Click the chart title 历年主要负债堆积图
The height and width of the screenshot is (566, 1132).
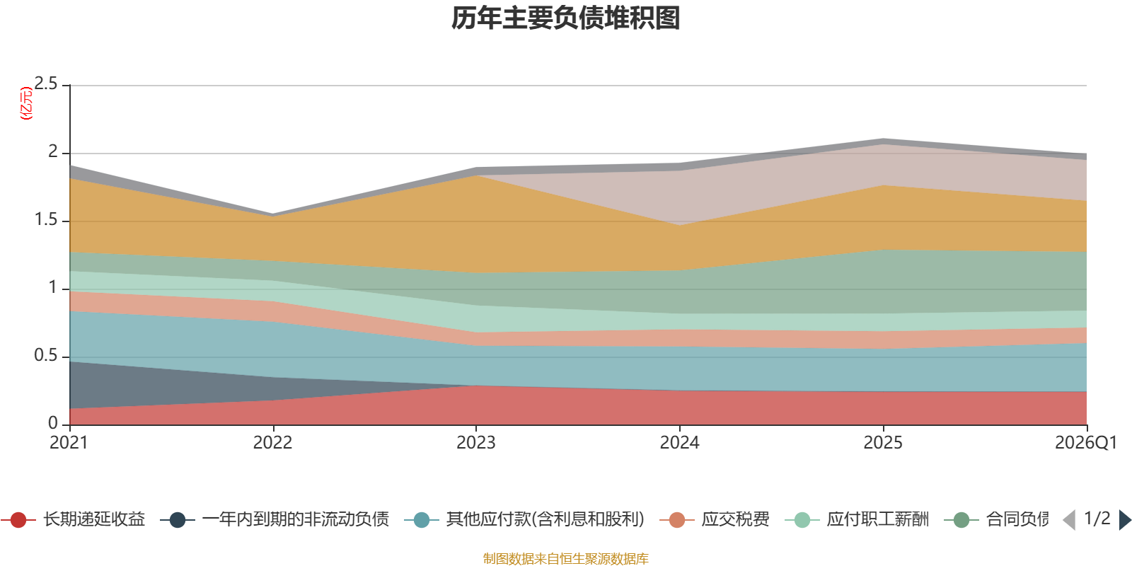[565, 18]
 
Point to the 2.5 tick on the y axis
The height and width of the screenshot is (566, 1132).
[46, 84]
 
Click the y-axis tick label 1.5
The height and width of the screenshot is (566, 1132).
[46, 220]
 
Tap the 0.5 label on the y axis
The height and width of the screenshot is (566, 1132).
[46, 355]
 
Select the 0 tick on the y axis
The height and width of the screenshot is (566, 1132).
[53, 423]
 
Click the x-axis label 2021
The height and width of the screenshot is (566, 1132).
[69, 443]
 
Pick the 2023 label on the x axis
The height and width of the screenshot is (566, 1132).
[476, 443]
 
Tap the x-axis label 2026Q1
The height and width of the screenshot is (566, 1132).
[1086, 443]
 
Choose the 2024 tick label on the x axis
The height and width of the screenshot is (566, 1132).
[680, 443]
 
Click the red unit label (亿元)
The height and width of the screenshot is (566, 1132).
[25, 103]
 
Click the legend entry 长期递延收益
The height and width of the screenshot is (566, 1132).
[74, 519]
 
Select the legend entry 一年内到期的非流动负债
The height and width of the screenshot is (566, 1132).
[275, 519]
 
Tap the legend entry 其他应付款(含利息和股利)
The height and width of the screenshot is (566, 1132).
[524, 519]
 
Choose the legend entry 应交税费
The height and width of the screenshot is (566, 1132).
[715, 519]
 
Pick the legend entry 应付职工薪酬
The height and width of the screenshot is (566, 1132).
[857, 519]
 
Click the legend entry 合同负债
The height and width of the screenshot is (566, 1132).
[997, 519]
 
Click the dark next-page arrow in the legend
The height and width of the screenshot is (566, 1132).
[1125, 520]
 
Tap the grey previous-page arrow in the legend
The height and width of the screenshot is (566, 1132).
[1069, 520]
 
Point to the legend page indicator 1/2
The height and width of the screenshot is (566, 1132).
[1097, 519]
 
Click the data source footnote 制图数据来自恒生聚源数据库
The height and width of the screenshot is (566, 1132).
[565, 558]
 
